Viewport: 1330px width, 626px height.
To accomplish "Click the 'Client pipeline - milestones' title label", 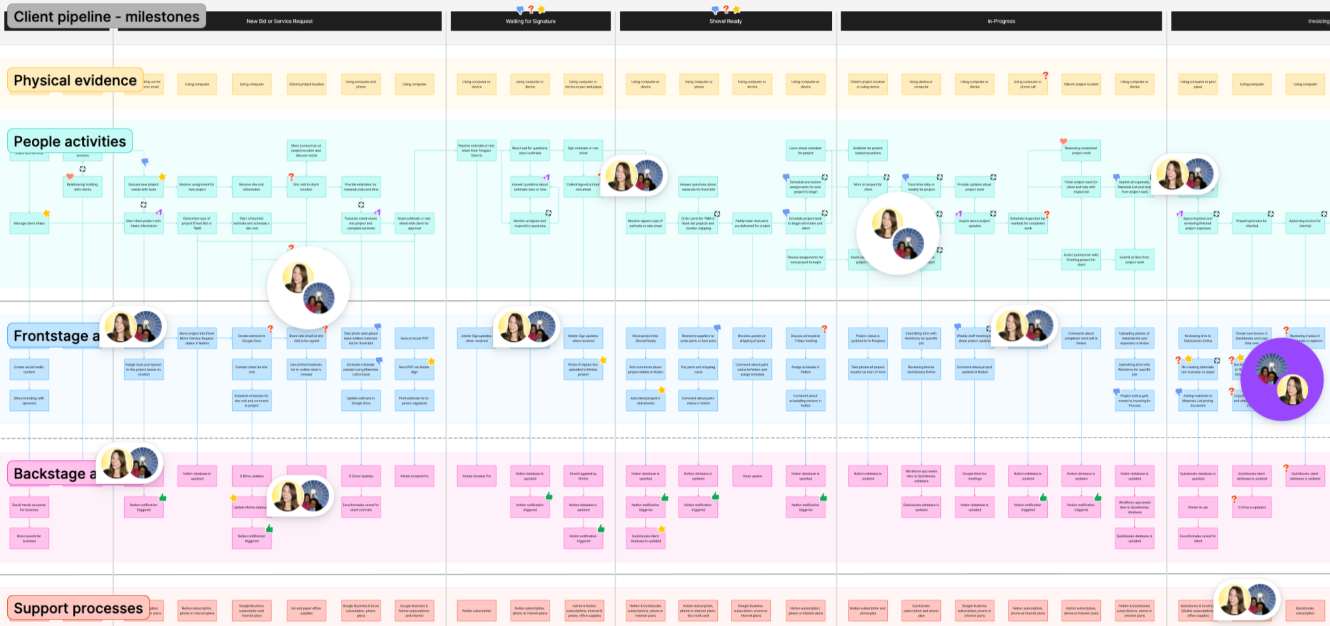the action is click(106, 17).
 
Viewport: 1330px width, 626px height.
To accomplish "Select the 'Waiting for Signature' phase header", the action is click(530, 21).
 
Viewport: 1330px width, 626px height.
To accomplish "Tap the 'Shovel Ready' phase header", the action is click(725, 21).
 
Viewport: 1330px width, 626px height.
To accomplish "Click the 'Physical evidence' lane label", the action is click(75, 81).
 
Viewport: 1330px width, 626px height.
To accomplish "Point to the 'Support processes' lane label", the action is click(78, 608).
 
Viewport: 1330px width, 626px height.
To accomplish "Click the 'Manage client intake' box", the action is click(29, 223).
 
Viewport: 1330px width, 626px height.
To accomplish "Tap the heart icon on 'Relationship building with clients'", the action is click(70, 176).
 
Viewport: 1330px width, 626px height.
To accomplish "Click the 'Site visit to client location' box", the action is click(306, 187).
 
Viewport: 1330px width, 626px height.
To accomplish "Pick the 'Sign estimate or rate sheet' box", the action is click(583, 150).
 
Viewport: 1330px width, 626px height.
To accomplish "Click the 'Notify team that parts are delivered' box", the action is click(752, 223).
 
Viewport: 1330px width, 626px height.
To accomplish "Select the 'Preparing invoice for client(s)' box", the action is click(1251, 223).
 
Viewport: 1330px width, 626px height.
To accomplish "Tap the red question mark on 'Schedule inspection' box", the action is click(1046, 214).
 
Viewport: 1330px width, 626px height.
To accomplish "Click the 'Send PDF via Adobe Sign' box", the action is click(414, 369).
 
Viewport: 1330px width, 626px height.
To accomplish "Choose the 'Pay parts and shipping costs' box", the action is click(698, 369).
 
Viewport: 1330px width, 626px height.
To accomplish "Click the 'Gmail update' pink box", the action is click(752, 476).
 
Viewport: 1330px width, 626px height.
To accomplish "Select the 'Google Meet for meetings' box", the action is click(974, 476).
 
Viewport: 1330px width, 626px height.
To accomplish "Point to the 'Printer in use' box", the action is click(1198, 507).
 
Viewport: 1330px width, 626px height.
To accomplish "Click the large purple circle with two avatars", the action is click(1282, 379).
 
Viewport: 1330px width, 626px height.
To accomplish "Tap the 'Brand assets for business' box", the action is click(29, 538).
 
